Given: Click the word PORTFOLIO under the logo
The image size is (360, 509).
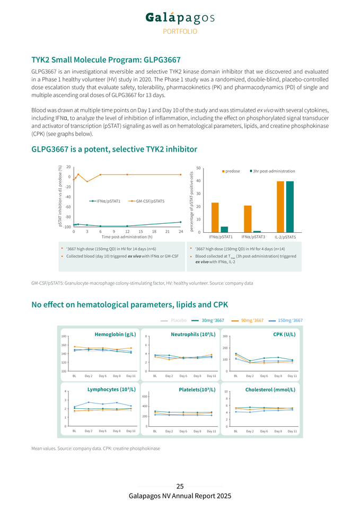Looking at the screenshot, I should (x=180, y=31).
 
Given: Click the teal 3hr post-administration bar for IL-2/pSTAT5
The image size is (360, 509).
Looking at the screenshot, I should (x=289, y=207).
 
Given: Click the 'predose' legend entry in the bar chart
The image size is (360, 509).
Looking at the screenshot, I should (x=231, y=171).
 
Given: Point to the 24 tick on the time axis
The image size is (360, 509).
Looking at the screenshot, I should (x=181, y=231).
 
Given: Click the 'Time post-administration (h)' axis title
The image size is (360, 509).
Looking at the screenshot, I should (x=127, y=237).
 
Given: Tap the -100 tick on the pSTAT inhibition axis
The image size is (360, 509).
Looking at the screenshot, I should (x=67, y=227).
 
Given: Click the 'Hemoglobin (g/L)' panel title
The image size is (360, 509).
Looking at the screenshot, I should (x=115, y=335).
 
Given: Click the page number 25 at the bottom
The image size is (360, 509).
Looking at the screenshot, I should (x=180, y=486).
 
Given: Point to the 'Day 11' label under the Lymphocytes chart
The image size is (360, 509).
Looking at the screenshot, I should (x=131, y=431).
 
